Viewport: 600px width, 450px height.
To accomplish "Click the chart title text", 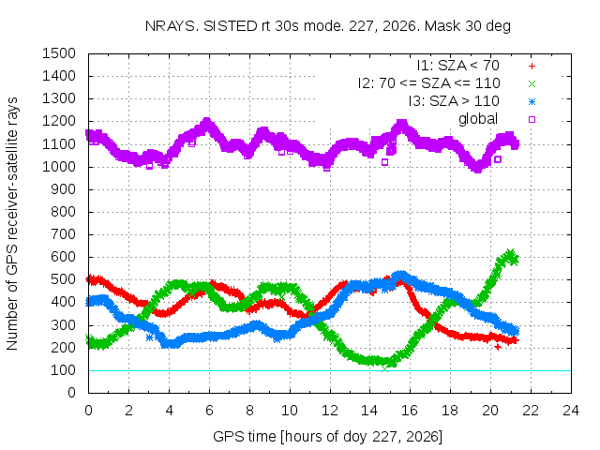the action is tap(328, 26).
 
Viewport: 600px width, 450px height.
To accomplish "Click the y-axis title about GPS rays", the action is tap(12, 223).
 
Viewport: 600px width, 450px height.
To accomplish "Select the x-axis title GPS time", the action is tap(327, 437).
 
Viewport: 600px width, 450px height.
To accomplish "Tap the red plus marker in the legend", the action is tap(532, 67).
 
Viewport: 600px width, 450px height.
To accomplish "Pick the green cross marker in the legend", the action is tap(532, 83).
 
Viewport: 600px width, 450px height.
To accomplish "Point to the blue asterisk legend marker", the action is tap(532, 102).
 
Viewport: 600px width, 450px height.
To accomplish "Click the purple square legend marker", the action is tap(532, 119).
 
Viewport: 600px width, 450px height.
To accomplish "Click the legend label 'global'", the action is tap(478, 119).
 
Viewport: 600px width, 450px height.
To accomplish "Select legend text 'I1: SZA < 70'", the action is tap(458, 66).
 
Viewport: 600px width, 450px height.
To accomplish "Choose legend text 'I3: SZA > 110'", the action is tap(454, 101).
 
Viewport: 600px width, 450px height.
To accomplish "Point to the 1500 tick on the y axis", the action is tap(59, 53).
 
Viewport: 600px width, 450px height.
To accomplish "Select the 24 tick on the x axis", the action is tap(571, 411).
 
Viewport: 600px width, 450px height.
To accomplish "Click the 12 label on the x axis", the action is tap(329, 411).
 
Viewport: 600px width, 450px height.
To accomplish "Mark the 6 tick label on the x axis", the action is tap(209, 411).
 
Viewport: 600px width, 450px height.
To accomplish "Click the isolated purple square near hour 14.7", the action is tap(385, 162).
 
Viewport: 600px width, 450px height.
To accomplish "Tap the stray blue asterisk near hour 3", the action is tap(149, 337).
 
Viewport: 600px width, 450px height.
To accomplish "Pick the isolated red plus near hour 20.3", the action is tap(498, 347).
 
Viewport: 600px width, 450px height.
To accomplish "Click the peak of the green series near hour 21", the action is tap(510, 253).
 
